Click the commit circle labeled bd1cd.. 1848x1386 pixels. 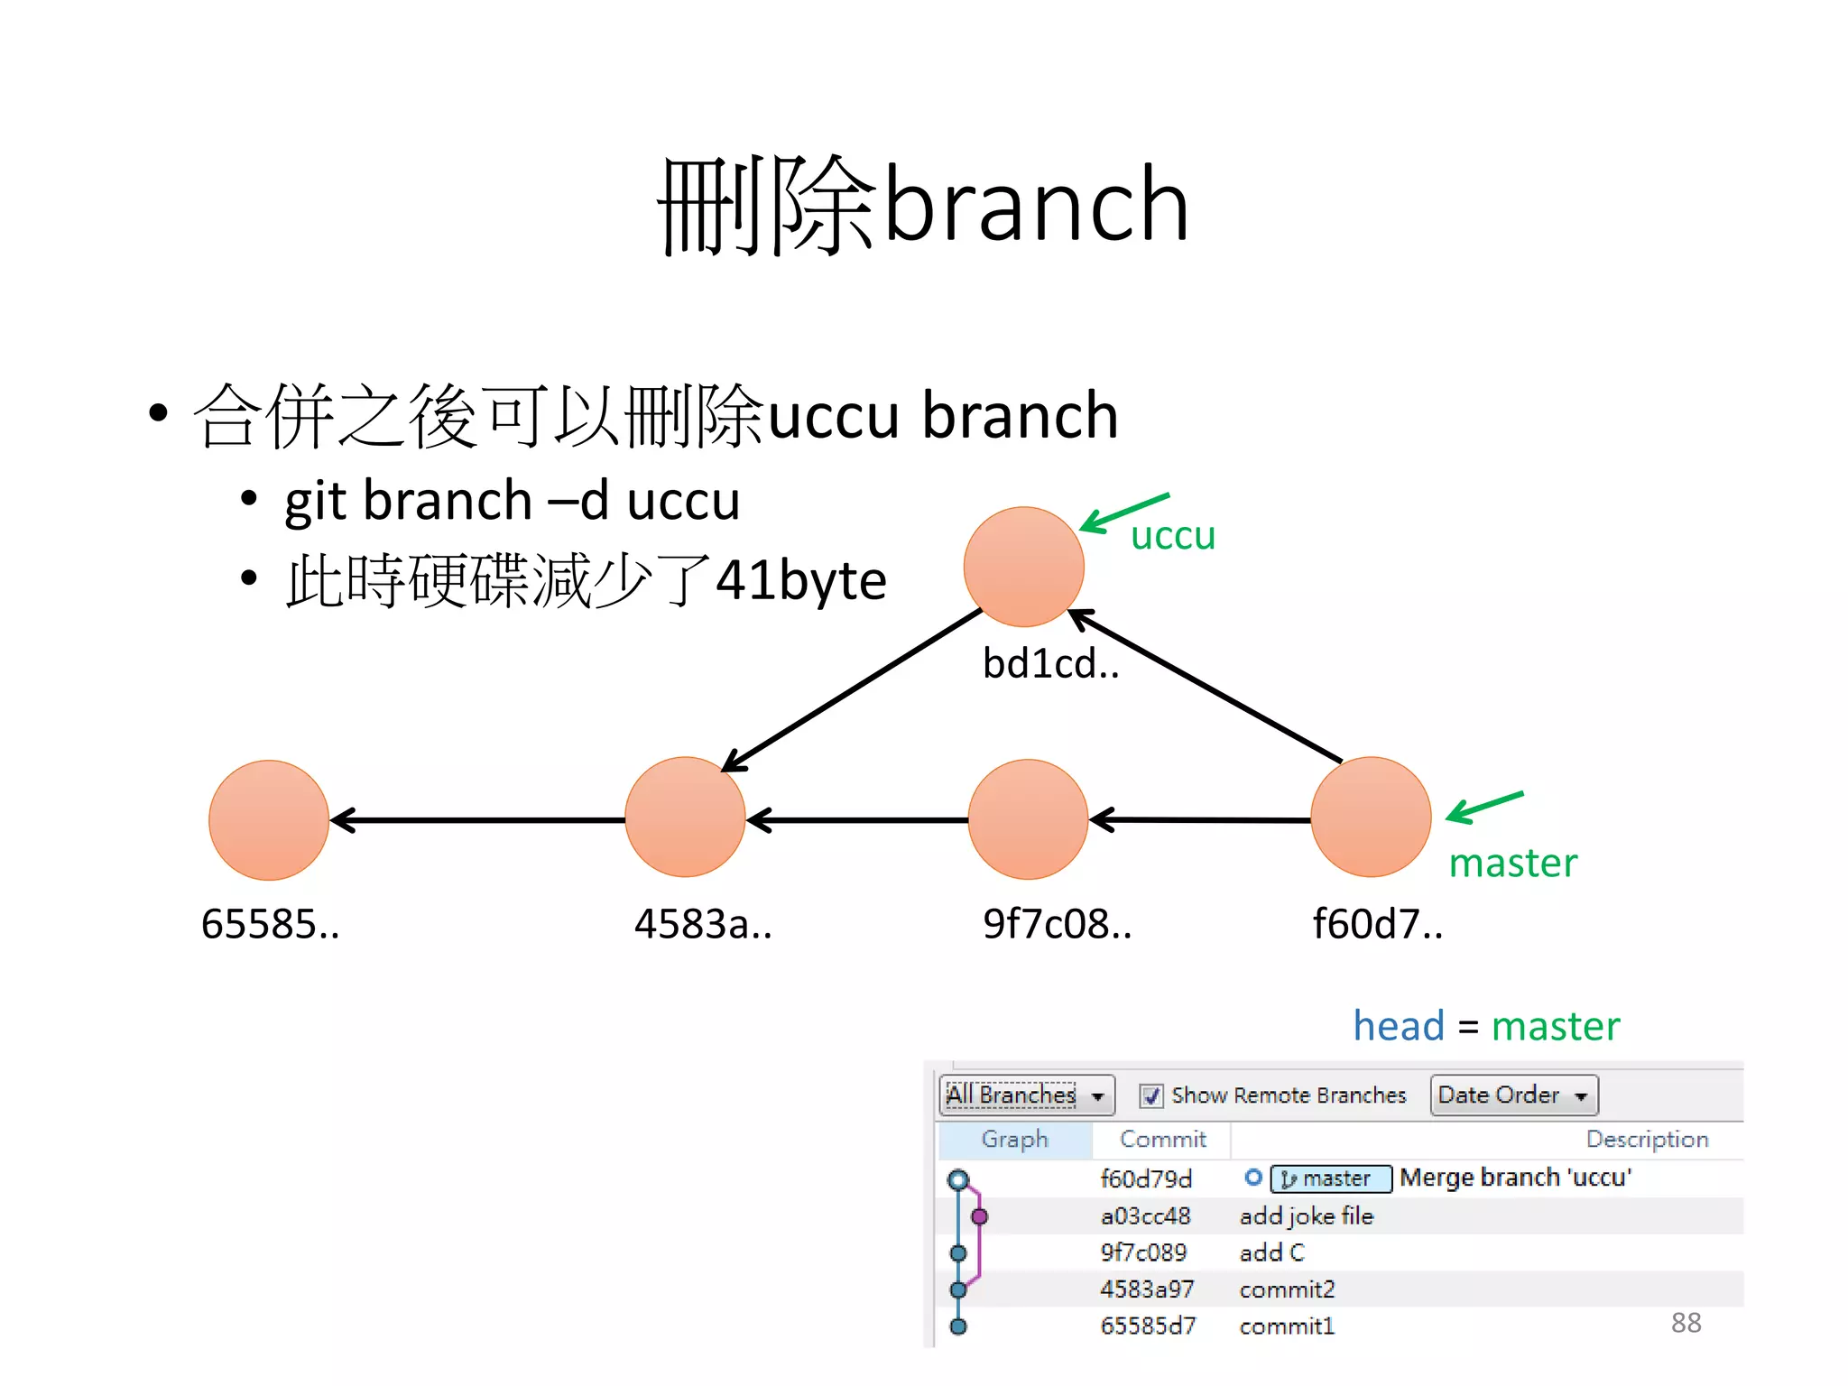tap(1023, 567)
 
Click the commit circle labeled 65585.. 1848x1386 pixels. tap(269, 820)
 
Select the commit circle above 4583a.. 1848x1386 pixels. tap(685, 818)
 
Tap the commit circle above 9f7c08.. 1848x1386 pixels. tap(1028, 819)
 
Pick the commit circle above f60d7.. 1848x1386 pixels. tap(1371, 818)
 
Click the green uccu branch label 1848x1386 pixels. tap(1173, 536)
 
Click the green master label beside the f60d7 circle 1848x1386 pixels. tap(1512, 864)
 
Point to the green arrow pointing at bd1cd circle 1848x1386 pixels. tap(1123, 512)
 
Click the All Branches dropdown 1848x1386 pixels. tap(1026, 1095)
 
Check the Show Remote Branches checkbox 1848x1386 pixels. tap(1150, 1095)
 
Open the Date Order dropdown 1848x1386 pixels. tap(1513, 1095)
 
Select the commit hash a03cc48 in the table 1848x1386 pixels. tap(1145, 1216)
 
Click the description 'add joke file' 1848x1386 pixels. tap(1306, 1216)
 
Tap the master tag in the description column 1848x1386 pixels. tap(1331, 1178)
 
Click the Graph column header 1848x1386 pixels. tap(1014, 1140)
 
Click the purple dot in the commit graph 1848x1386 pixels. tap(979, 1216)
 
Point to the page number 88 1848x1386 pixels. tap(1686, 1323)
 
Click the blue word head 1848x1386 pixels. tap(1399, 1026)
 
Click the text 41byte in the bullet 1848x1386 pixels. tap(800, 580)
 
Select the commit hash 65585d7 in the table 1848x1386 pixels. tap(1148, 1326)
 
